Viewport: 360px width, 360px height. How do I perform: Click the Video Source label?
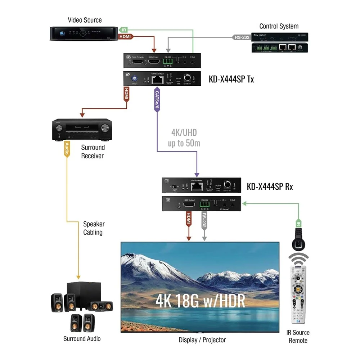point(85,20)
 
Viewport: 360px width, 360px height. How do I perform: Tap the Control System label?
point(279,26)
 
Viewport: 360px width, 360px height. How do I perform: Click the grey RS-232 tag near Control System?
point(241,37)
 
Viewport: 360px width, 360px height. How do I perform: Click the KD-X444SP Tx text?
point(231,79)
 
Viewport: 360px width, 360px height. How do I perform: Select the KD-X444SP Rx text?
point(270,187)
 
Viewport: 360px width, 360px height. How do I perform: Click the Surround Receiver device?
point(82,130)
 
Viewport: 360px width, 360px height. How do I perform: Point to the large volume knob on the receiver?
point(105,128)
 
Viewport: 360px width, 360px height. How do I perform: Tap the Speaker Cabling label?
point(93,228)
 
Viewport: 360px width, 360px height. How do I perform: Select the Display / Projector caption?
point(202,340)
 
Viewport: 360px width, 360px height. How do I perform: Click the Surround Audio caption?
point(82,338)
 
